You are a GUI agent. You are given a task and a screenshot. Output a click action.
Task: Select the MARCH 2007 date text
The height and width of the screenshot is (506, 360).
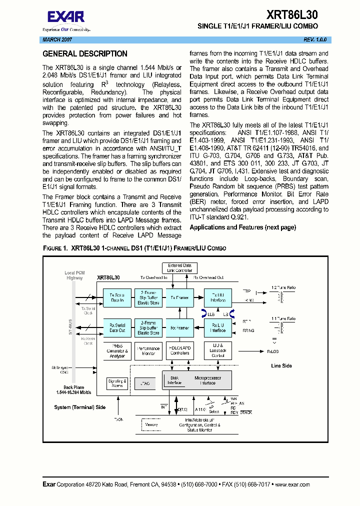click(56, 39)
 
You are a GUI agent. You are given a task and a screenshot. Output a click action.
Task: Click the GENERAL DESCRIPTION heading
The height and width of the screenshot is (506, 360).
click(85, 54)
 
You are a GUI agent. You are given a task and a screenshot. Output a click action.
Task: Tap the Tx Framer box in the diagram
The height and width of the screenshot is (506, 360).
click(179, 297)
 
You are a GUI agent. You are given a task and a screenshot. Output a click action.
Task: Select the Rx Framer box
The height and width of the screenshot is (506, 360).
click(179, 328)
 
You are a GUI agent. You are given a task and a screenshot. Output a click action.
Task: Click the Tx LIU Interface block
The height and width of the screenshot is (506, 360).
click(218, 297)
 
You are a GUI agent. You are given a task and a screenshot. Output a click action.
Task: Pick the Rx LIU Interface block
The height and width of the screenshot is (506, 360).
click(218, 327)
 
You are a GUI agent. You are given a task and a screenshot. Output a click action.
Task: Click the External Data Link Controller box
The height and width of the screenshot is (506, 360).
click(179, 268)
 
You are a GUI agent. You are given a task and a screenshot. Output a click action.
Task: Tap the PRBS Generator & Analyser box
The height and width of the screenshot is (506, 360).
click(117, 350)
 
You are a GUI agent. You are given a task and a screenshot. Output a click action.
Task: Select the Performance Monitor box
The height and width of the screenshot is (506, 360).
click(148, 350)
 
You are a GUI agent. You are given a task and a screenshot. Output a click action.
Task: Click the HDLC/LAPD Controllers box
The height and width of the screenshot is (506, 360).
click(179, 350)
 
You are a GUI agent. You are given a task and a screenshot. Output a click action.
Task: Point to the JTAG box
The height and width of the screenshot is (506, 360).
click(145, 383)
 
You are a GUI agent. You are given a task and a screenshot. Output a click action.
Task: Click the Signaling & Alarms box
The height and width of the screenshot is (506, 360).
click(117, 383)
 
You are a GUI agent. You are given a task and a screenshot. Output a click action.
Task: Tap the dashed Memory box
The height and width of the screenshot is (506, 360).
click(151, 425)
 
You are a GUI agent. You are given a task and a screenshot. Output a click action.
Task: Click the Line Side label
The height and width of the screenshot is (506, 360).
click(281, 365)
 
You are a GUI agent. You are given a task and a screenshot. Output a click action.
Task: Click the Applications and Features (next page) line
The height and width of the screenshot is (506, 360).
click(242, 227)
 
